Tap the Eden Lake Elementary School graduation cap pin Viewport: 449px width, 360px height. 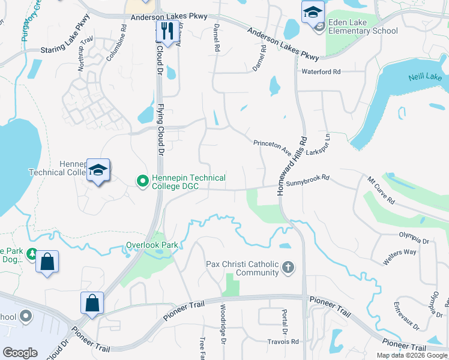(313, 12)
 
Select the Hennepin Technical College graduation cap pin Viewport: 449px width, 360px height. (98, 170)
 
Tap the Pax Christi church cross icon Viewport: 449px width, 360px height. (288, 267)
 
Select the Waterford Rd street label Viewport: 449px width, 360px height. (321, 72)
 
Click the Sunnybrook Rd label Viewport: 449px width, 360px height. (308, 179)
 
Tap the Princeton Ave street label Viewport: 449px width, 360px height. (272, 143)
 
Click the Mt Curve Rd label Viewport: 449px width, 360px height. (381, 190)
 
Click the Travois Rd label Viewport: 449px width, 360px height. (283, 342)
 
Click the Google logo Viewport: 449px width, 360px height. (20, 353)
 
